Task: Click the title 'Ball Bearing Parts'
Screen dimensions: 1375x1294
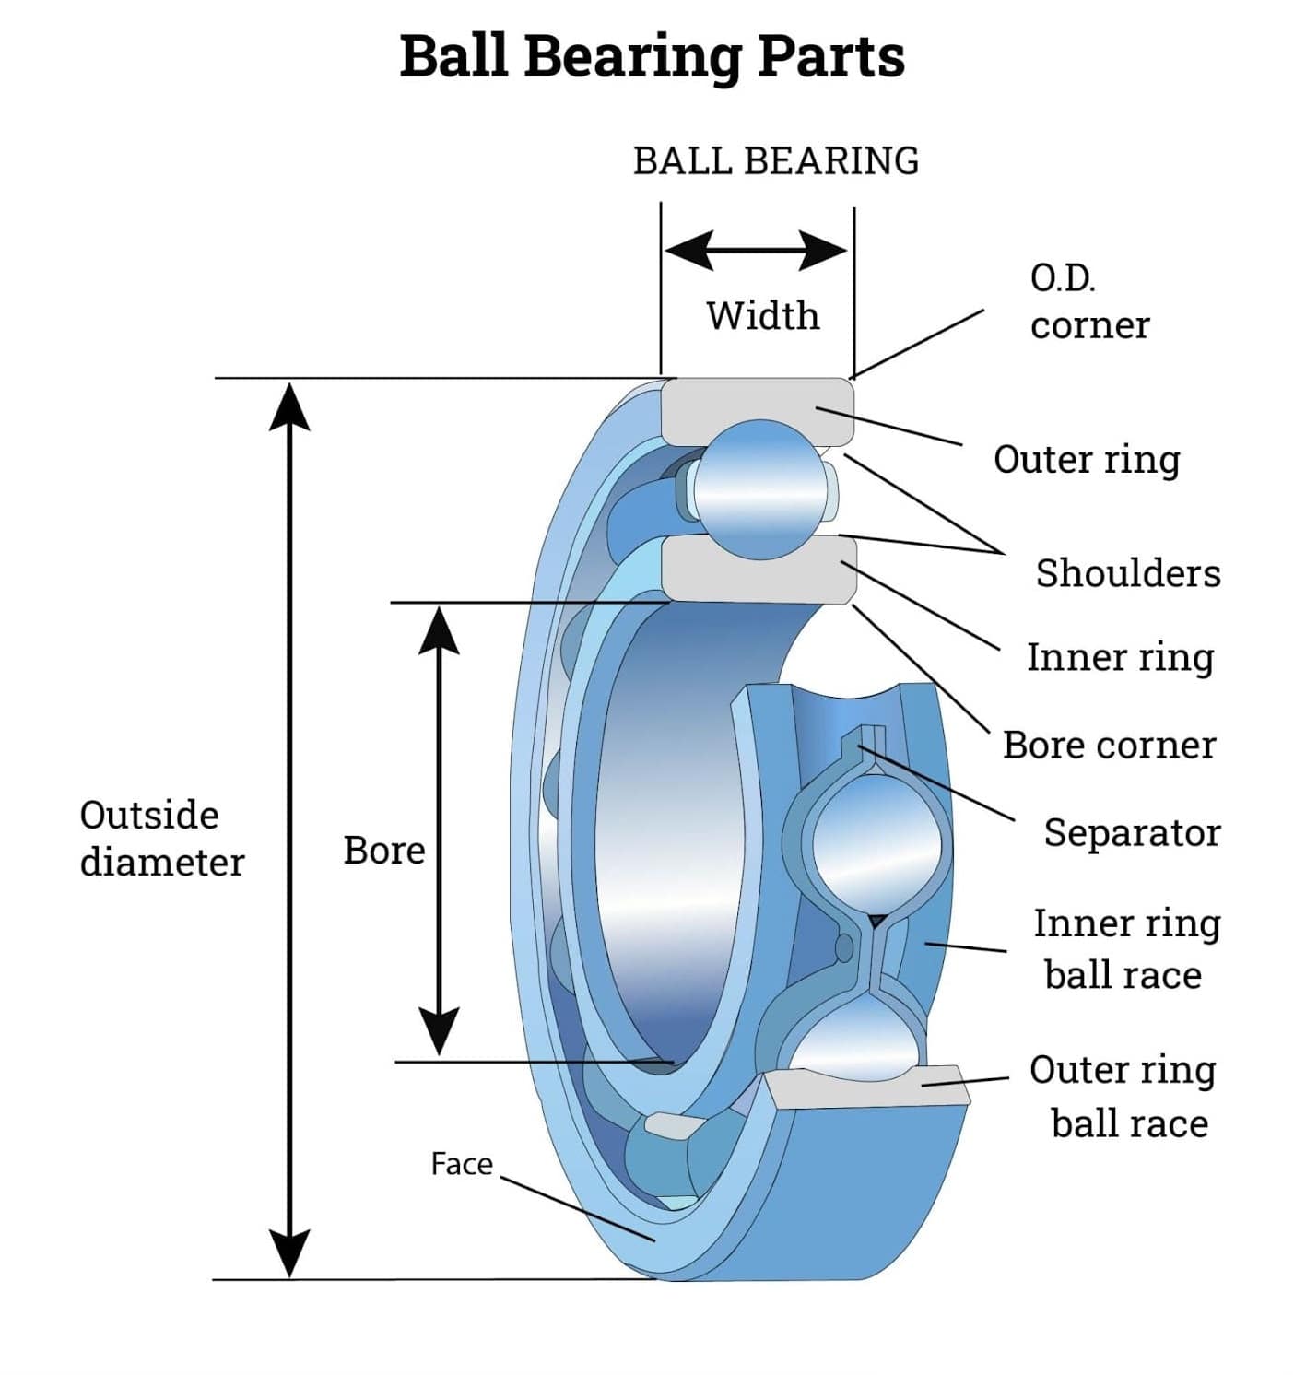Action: point(652,57)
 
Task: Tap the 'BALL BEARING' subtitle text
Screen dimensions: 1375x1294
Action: point(775,161)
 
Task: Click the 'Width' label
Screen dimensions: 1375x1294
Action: point(762,316)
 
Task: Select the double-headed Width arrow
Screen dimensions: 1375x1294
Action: point(756,250)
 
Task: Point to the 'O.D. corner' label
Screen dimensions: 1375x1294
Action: point(1088,301)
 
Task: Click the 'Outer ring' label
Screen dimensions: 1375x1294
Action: point(1087,460)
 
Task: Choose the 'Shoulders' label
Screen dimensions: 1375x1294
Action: point(1127,573)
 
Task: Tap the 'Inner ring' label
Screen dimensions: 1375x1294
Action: point(1120,658)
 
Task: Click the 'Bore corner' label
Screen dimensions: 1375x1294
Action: point(1109,746)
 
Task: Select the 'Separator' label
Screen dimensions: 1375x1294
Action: point(1131,833)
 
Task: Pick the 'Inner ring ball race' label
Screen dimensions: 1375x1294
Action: point(1125,949)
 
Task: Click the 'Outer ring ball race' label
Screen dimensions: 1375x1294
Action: point(1123,1097)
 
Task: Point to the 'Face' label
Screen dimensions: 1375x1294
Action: point(461,1164)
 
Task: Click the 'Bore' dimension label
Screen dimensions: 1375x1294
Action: point(383,851)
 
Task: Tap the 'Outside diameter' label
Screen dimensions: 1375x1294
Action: point(161,839)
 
